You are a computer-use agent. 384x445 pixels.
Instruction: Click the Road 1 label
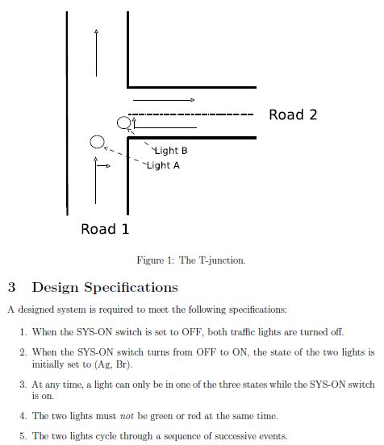(x=105, y=229)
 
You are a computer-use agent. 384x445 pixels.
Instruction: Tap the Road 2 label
(x=293, y=114)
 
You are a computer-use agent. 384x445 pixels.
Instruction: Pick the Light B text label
(x=171, y=151)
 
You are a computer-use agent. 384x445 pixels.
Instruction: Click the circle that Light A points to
(x=98, y=143)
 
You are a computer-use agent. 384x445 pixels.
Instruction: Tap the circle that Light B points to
(x=123, y=123)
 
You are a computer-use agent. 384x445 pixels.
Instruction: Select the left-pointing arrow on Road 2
(x=165, y=127)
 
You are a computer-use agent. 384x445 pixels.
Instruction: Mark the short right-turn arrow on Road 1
(x=103, y=167)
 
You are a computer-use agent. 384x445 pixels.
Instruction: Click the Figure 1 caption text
(x=191, y=260)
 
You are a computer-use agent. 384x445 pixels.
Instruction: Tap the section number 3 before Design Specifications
(x=11, y=287)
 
